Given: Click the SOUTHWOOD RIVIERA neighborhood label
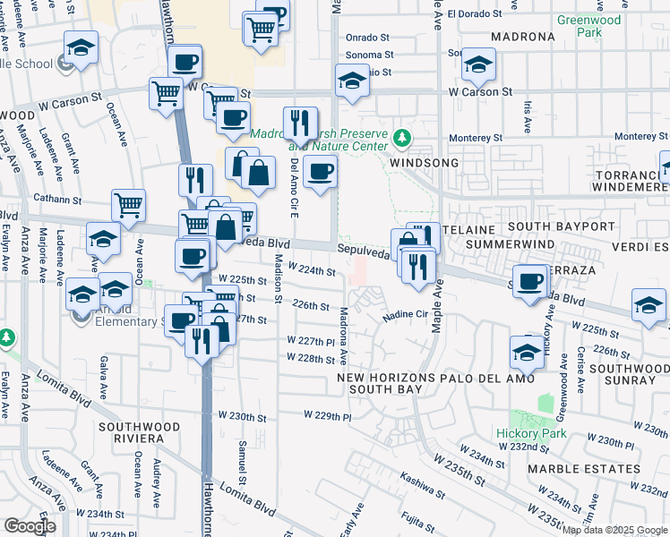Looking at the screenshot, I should point(131,432).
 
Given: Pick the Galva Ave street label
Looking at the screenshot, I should point(104,378).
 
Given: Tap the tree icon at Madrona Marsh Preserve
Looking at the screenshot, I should point(402,140).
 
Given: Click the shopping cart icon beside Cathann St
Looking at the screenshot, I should point(129,205).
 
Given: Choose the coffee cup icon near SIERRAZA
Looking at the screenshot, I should point(529,280).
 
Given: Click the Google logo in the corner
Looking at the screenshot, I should point(30,526).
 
